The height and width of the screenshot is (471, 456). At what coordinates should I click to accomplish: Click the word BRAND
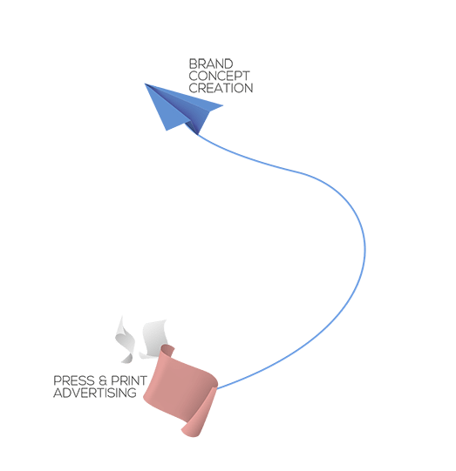pos(211,64)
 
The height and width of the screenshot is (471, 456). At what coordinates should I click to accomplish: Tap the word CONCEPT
pos(219,76)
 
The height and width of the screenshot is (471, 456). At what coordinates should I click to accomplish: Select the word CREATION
pos(221,88)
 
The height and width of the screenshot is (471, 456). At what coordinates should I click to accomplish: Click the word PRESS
pos(74,380)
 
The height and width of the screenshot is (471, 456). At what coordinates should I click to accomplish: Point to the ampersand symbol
pos(103,380)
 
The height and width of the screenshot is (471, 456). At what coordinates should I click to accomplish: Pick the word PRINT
pos(129,380)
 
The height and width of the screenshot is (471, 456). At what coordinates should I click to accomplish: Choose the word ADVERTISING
pos(95,393)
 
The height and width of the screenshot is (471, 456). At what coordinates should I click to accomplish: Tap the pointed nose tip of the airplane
pos(145,84)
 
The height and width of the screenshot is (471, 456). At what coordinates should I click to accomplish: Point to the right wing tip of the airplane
pos(222,105)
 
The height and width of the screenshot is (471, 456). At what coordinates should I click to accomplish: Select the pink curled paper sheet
pos(180,391)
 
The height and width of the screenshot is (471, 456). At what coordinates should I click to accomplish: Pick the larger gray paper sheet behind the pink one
pos(153,339)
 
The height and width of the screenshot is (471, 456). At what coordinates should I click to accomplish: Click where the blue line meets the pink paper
pos(217,389)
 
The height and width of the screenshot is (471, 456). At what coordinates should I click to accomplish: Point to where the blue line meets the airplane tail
pos(197,134)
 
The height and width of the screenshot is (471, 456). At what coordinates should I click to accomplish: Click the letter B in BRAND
pos(193,64)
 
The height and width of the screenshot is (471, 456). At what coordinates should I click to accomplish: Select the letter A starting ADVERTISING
pos(58,393)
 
